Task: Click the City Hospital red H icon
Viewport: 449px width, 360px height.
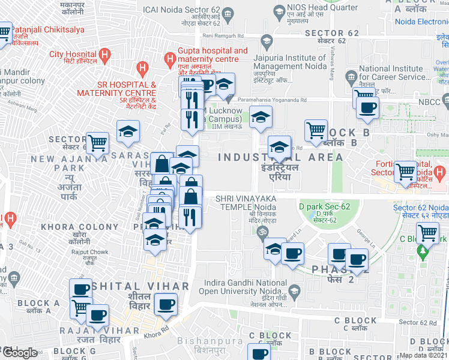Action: click(x=105, y=57)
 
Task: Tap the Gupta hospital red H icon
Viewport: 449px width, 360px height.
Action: click(x=170, y=58)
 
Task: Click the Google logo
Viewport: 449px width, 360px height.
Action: click(x=19, y=353)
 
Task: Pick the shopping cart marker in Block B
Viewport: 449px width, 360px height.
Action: click(x=316, y=130)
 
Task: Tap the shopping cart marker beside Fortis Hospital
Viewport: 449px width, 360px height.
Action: click(x=406, y=172)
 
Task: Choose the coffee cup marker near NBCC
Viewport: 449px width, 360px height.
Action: click(x=367, y=108)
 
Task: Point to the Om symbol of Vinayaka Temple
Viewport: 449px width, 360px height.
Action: click(x=261, y=230)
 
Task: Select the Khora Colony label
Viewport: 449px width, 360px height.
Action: click(x=80, y=227)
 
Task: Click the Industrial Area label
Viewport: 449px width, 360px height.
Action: click(x=280, y=157)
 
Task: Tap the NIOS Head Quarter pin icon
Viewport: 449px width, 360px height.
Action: click(x=278, y=10)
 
